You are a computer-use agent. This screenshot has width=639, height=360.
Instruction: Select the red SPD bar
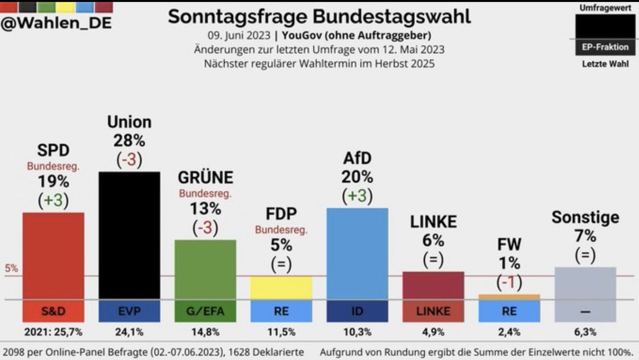coord(53,256)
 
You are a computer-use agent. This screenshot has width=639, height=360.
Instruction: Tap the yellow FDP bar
coord(281,288)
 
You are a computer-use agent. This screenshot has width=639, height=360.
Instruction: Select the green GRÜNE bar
coord(206,269)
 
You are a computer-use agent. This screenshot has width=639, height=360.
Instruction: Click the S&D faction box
coord(53,312)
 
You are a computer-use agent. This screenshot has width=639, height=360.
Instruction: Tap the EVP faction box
coord(129,312)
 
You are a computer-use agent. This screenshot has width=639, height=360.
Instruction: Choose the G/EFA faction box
coord(206,312)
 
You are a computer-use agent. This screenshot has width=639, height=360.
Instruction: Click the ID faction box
coord(357,312)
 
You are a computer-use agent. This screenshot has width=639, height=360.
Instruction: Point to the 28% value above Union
coord(129,141)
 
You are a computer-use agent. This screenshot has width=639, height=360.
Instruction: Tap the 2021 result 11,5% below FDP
coord(281,333)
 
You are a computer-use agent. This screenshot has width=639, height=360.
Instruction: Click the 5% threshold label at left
coord(11,268)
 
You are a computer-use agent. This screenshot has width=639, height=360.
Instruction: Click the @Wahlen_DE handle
coord(56,24)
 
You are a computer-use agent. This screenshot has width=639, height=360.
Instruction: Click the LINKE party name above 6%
coord(433,222)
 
